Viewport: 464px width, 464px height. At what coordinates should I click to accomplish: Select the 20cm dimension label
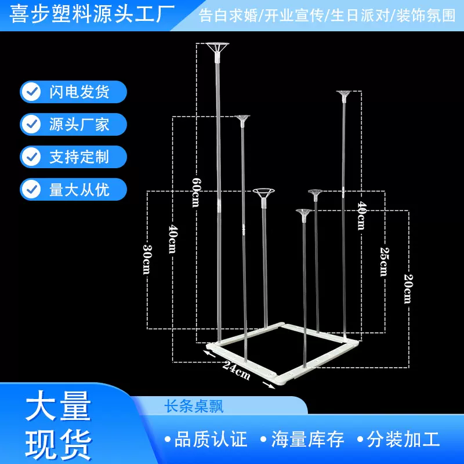click(x=407, y=289)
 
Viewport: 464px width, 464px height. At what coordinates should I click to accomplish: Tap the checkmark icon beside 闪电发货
click(x=31, y=92)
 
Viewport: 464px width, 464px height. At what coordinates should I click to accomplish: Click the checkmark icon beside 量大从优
click(x=31, y=189)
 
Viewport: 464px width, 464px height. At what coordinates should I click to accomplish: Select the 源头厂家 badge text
click(x=79, y=124)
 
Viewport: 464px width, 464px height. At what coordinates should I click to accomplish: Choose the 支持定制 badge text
click(x=79, y=157)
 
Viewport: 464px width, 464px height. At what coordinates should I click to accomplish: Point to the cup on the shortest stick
click(x=303, y=214)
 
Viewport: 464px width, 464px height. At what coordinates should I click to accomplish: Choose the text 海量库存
click(x=308, y=438)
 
